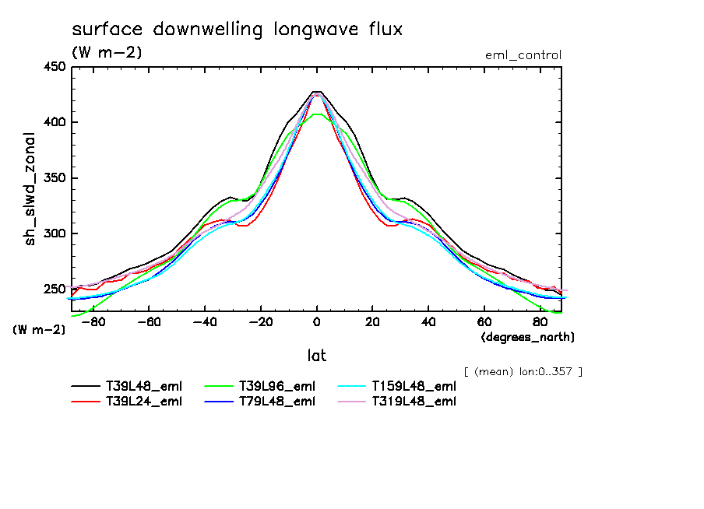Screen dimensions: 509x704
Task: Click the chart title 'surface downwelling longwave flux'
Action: pyautogui.click(x=238, y=30)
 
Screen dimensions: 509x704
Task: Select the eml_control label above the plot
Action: pyautogui.click(x=523, y=55)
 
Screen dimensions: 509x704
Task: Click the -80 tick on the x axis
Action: pyautogui.click(x=91, y=321)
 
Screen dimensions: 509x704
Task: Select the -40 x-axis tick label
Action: pyautogui.click(x=203, y=321)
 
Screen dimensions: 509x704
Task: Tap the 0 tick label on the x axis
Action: pyautogui.click(x=317, y=321)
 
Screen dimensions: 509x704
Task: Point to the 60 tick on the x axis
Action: pyautogui.click(x=484, y=321)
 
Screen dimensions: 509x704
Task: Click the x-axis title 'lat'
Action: pyautogui.click(x=316, y=356)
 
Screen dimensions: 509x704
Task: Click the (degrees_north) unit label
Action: pyautogui.click(x=528, y=337)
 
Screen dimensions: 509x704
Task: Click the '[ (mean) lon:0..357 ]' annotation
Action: pyautogui.click(x=523, y=371)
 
